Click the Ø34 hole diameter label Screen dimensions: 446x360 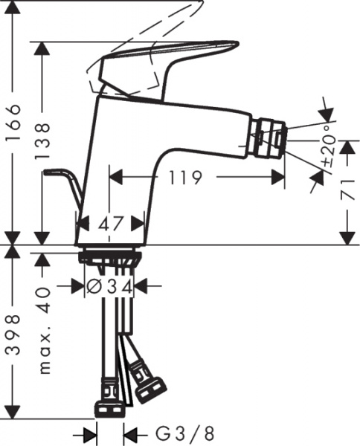click(110, 285)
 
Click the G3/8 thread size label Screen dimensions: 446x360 click(178, 433)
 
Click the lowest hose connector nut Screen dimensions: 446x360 click(109, 407)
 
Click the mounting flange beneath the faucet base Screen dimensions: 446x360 click(110, 255)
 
